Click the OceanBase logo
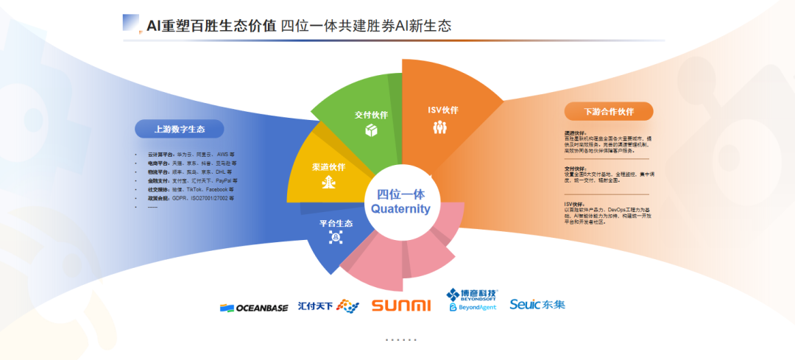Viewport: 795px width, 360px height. point(254,308)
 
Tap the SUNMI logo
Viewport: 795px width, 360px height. point(401,306)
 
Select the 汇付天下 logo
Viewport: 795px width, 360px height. point(328,306)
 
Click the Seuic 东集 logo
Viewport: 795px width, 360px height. point(537,304)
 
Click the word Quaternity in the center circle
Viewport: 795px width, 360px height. point(400,209)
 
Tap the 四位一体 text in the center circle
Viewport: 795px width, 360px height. point(400,194)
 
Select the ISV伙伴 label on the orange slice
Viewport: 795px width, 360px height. point(443,110)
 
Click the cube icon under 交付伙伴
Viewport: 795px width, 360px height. point(371,130)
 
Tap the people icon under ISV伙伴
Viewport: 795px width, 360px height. point(440,127)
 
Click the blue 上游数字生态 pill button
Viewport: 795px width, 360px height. point(179,129)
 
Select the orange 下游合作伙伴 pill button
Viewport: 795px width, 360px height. point(608,112)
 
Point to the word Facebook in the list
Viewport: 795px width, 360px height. point(216,189)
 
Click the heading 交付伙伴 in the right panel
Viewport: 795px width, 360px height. point(576,169)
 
